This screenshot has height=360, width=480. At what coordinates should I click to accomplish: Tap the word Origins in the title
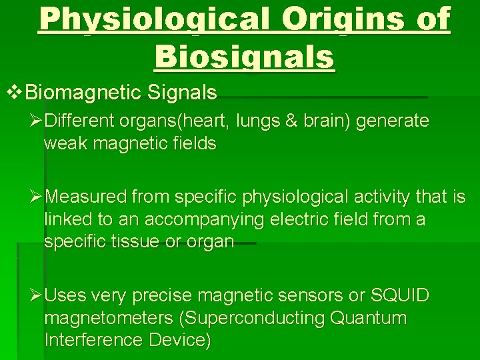click(x=345, y=22)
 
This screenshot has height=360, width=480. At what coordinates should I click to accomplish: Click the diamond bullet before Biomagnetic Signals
click(x=15, y=93)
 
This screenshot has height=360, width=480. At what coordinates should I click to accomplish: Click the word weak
click(x=65, y=144)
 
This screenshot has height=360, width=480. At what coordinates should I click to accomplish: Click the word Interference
click(x=93, y=341)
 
